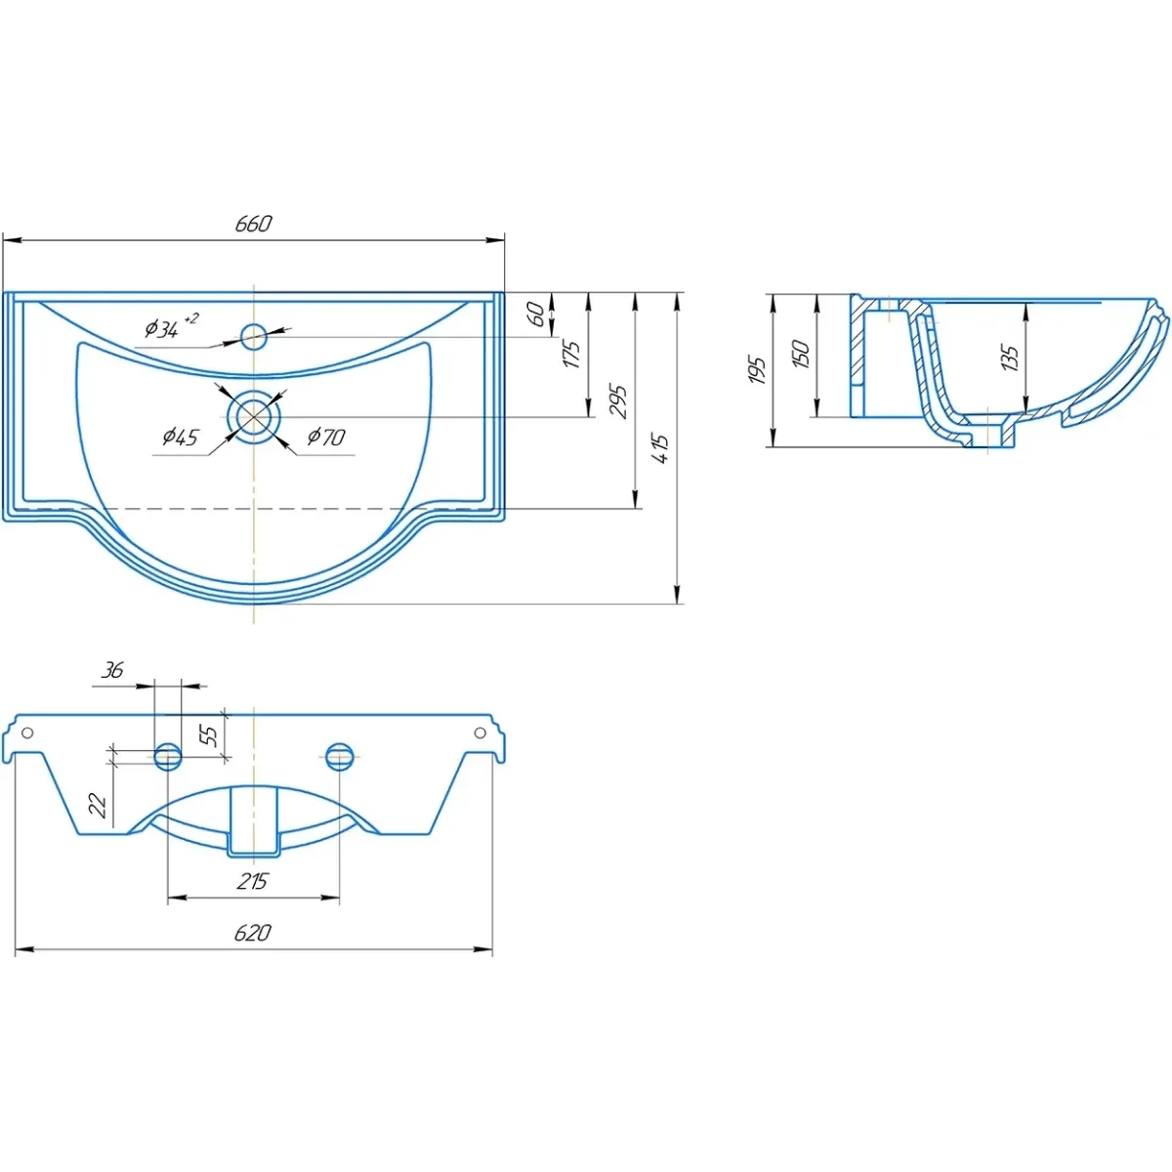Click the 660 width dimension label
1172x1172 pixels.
point(253,224)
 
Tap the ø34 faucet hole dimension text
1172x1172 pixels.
point(171,326)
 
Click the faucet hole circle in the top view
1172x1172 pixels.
point(254,337)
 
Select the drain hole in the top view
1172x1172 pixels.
point(254,417)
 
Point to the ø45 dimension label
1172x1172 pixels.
point(181,436)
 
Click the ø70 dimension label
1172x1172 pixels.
point(326,436)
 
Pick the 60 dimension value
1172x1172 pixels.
point(536,314)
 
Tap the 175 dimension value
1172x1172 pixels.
point(571,355)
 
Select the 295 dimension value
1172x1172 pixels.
point(618,400)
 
